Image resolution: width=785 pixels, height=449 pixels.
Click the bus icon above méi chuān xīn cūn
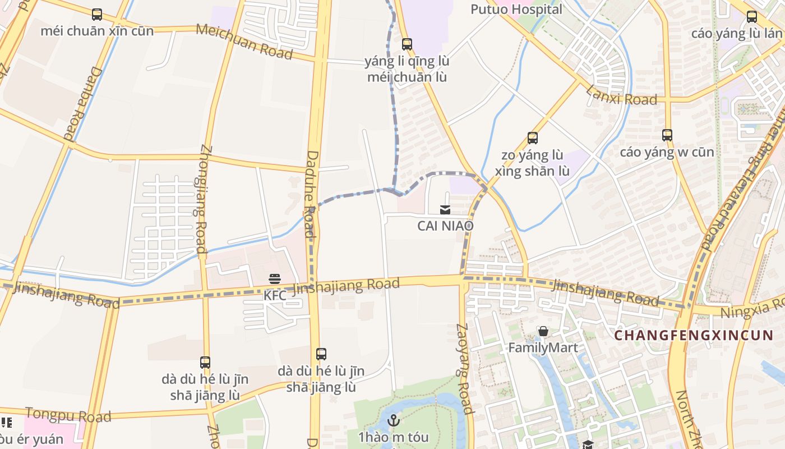point(97,14)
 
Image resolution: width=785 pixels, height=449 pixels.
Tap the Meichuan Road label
point(244,41)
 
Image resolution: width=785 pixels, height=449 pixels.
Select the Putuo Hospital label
point(516,9)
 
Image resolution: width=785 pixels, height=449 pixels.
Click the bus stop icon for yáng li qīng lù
point(407,44)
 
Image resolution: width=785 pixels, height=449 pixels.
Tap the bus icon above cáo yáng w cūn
point(667,135)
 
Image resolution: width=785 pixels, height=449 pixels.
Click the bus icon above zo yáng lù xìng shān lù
point(532,138)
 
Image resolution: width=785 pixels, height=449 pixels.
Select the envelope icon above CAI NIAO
point(445,210)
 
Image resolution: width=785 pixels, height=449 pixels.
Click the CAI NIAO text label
point(445,226)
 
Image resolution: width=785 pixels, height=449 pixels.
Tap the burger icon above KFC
point(275,279)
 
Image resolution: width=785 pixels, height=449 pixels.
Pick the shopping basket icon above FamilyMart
point(543,332)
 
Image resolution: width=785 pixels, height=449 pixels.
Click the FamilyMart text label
point(543,348)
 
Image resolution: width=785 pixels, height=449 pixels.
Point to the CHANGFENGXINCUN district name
point(694,336)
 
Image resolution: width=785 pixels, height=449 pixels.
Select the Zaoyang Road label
point(464,368)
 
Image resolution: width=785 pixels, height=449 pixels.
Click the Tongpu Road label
point(68,415)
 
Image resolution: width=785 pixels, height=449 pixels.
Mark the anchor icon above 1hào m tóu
point(394,420)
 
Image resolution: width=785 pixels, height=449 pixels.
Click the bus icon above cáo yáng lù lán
point(751,17)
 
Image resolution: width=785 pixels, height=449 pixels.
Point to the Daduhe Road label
point(311,194)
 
